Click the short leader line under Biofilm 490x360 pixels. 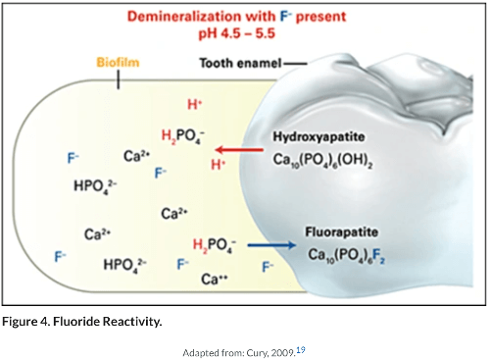[118, 80]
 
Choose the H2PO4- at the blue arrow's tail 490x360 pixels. [214, 245]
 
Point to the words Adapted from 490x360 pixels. [210, 350]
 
